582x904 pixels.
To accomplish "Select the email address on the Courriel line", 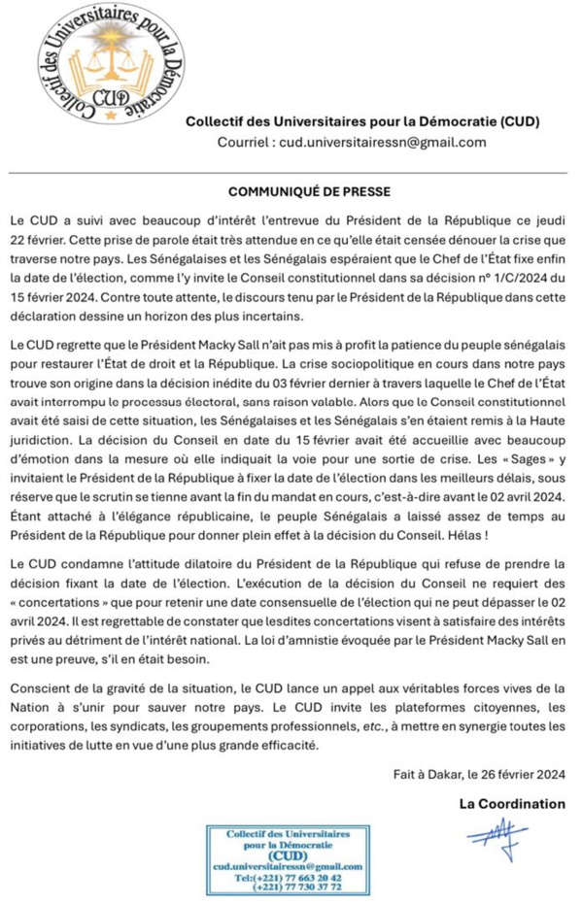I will pos(383,143).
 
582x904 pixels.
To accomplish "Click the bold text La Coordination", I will pos(512,802).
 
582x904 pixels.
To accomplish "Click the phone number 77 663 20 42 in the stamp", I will pos(308,876).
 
